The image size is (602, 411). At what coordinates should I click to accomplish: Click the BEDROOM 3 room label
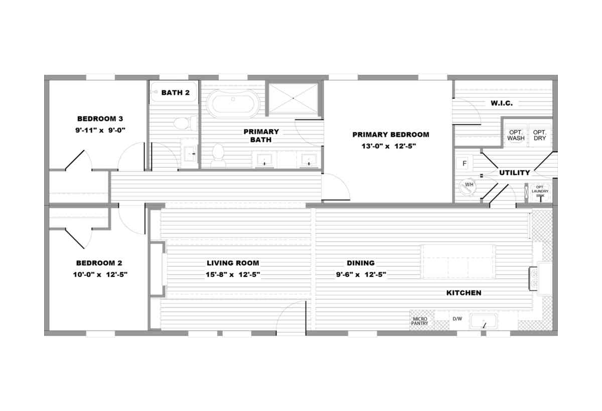[x=100, y=119]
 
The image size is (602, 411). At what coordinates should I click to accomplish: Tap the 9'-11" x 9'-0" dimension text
[x=100, y=130]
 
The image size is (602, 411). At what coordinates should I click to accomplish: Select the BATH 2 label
[x=175, y=92]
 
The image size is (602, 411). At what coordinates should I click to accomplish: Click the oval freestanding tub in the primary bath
[x=233, y=104]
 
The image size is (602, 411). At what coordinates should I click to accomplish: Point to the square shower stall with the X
[x=293, y=98]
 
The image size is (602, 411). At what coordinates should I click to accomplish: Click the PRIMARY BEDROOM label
[x=391, y=135]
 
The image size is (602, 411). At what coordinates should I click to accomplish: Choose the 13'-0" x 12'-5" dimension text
[x=389, y=146]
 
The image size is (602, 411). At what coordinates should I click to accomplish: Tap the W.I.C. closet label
[x=502, y=103]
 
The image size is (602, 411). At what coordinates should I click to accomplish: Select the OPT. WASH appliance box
[x=516, y=135]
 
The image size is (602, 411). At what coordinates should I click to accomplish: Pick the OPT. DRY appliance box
[x=540, y=135]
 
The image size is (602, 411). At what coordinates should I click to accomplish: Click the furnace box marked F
[x=464, y=163]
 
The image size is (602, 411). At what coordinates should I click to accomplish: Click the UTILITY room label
[x=514, y=173]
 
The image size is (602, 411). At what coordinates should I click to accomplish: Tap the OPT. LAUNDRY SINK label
[x=540, y=191]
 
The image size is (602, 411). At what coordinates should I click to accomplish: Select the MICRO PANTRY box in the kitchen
[x=419, y=321]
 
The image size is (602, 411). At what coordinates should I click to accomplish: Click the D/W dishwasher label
[x=457, y=319]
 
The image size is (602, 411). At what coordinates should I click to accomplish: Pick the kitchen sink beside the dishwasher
[x=484, y=322]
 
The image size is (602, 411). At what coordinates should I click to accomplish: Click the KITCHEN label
[x=464, y=293]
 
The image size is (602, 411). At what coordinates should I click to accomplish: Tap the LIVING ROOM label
[x=233, y=263]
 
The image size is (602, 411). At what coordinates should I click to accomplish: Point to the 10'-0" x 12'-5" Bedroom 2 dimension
[x=100, y=275]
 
